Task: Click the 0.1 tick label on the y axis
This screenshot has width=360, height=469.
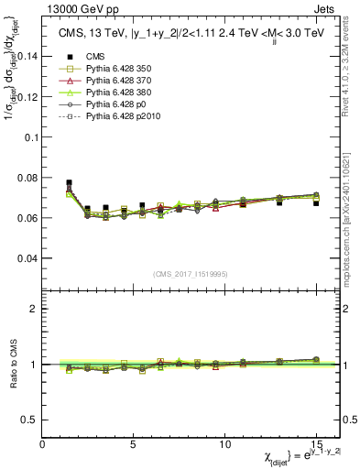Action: click(30, 136)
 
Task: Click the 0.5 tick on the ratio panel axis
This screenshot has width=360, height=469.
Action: click(30, 420)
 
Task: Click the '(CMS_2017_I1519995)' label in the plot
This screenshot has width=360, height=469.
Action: click(191, 274)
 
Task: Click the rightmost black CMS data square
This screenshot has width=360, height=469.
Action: click(316, 203)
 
